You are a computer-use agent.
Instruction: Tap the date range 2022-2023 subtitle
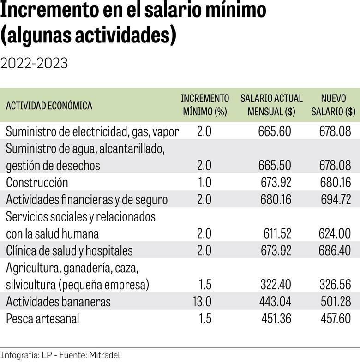click(x=34, y=63)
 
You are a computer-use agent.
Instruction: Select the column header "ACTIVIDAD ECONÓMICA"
click(x=49, y=106)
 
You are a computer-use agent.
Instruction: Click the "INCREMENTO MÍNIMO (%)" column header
click(x=204, y=105)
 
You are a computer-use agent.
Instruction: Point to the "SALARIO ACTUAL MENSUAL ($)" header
click(x=271, y=105)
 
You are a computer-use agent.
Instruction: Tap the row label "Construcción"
click(x=37, y=182)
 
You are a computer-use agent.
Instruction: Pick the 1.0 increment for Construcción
click(x=204, y=182)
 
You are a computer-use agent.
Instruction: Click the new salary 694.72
click(x=335, y=199)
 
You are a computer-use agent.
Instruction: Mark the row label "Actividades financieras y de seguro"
click(x=87, y=199)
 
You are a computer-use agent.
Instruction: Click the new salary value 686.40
click(x=335, y=251)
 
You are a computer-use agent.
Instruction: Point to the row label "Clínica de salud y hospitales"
click(x=69, y=251)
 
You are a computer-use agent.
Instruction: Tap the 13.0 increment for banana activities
click(x=201, y=301)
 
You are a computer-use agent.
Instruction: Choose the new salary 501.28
click(x=335, y=301)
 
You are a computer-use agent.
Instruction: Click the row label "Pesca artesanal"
click(x=42, y=318)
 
